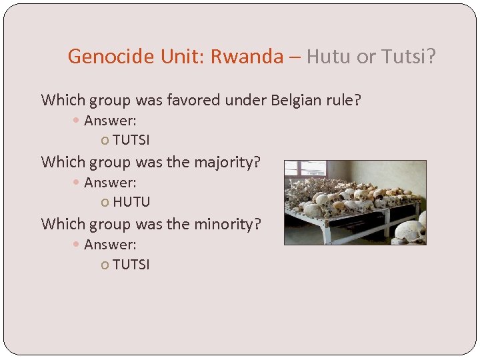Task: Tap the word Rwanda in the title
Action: [x=247, y=57]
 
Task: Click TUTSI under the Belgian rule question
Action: [x=131, y=141]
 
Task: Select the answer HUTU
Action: [x=131, y=202]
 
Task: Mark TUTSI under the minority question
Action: [x=131, y=265]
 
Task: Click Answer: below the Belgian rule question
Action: [x=110, y=121]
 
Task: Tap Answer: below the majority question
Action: [x=110, y=183]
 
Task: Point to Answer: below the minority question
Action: [x=110, y=245]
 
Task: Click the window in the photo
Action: [x=299, y=171]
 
